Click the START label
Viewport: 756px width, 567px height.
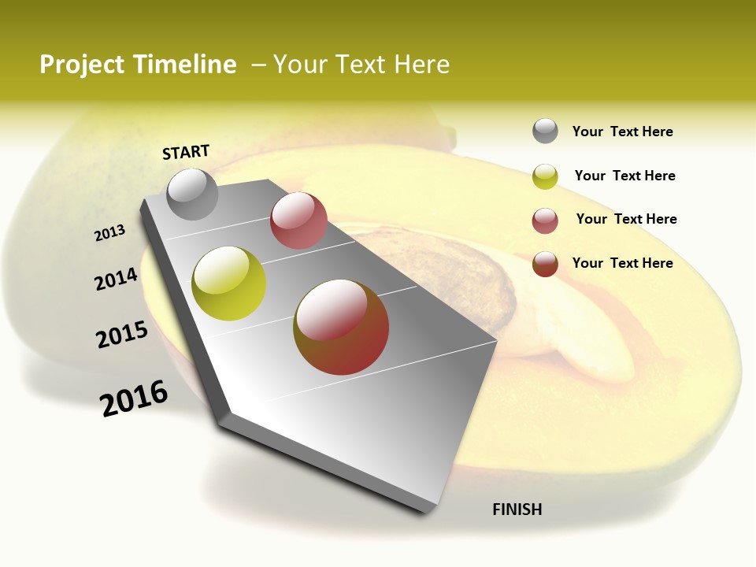[x=186, y=152]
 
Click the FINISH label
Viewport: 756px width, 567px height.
[x=517, y=510]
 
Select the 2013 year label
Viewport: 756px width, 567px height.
[x=110, y=232]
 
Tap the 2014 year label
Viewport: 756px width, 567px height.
[x=117, y=280]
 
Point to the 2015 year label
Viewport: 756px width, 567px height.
[x=122, y=335]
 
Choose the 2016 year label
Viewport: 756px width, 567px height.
[x=135, y=398]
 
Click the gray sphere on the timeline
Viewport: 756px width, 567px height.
[x=193, y=194]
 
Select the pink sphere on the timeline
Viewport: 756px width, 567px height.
[x=298, y=220]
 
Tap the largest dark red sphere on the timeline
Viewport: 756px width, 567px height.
[x=341, y=327]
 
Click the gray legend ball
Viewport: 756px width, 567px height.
[x=545, y=131]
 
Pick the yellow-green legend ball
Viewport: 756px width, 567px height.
[x=545, y=176]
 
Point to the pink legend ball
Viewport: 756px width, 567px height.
[x=545, y=220]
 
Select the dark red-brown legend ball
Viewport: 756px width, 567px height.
[x=545, y=264]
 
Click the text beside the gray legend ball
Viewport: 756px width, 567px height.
[x=622, y=132]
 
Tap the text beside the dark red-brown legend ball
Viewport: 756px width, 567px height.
[x=622, y=263]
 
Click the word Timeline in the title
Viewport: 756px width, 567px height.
[x=184, y=65]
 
